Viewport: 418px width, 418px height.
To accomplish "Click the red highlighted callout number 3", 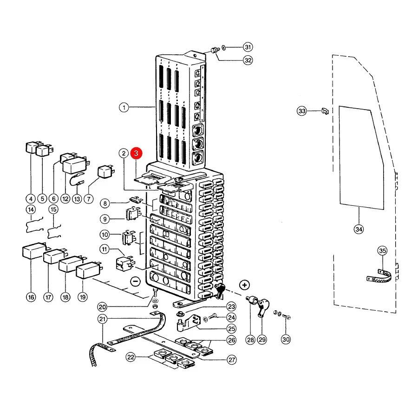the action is (136, 153).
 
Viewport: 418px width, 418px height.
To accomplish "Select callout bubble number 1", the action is (124, 108).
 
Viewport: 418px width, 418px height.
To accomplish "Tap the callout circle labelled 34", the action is (359, 229).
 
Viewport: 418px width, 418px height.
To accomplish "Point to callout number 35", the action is (383, 251).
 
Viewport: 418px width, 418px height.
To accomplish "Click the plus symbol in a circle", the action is (244, 285).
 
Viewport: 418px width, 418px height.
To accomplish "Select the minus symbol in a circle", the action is (136, 281).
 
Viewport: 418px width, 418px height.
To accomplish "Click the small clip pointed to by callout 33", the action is (325, 111).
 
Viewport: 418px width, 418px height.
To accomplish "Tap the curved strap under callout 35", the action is (379, 277).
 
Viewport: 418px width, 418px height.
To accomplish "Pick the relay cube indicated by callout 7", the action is (106, 172).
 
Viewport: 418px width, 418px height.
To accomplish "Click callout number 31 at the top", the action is (248, 47).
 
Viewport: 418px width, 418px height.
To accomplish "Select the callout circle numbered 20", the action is (102, 307).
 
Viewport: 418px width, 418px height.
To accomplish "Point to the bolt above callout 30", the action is (286, 317).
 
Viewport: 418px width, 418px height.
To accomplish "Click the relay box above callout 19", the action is (89, 270).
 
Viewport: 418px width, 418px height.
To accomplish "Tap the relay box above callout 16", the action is (34, 251).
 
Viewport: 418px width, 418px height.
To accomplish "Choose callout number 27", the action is (232, 360).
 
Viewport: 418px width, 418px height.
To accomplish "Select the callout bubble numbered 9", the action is (105, 219).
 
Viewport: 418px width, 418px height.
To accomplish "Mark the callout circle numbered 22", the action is (131, 357).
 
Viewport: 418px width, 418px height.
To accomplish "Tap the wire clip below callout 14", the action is (35, 225).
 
